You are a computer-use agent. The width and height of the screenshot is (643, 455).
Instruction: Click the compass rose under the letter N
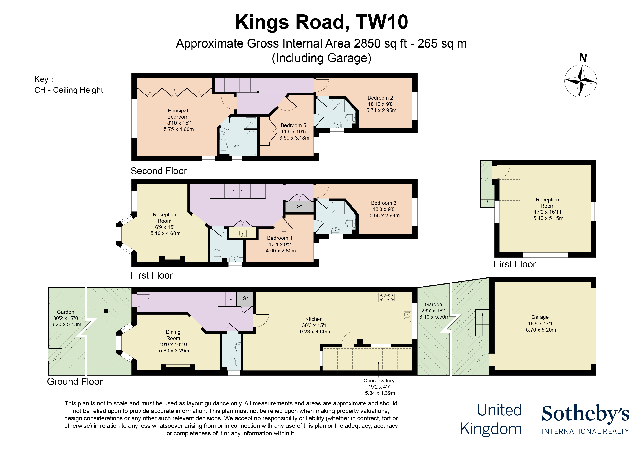pyautogui.click(x=580, y=81)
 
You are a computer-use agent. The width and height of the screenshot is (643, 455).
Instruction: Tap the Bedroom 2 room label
pyautogui.click(x=381, y=104)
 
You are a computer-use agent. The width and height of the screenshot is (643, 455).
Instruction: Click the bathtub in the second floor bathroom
pyautogui.click(x=252, y=143)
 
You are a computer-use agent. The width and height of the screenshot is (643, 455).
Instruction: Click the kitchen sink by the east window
pyautogui.click(x=407, y=316)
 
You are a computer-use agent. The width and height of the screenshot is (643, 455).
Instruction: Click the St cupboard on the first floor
pyautogui.click(x=299, y=207)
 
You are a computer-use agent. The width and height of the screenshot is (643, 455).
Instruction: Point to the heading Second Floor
pyautogui.click(x=159, y=171)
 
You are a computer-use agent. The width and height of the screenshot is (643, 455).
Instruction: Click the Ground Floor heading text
pyautogui.click(x=75, y=382)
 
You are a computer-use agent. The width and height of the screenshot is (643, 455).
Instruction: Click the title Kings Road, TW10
pyautogui.click(x=321, y=22)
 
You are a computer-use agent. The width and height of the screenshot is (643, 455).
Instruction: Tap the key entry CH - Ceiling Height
pyautogui.click(x=69, y=90)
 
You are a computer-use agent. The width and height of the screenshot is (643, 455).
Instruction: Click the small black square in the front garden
pyautogui.click(x=106, y=311)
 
